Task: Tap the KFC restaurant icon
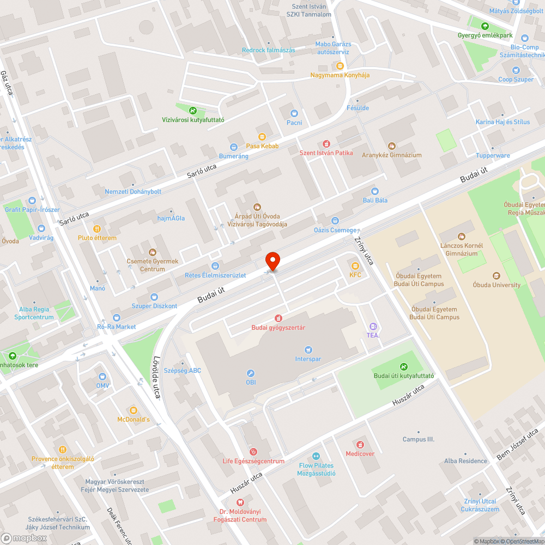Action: (x=355, y=266)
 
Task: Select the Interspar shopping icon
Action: (x=308, y=349)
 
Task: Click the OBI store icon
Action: (x=251, y=373)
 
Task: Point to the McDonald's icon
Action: (x=133, y=410)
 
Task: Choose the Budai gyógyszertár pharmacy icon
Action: (x=278, y=318)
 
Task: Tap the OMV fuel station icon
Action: (x=102, y=377)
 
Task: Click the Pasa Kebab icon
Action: (x=262, y=136)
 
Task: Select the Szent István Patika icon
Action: (x=326, y=143)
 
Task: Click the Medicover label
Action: (x=360, y=453)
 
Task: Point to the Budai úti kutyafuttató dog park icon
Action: (x=404, y=366)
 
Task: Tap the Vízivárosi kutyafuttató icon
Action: (x=193, y=110)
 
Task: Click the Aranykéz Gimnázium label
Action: (x=392, y=155)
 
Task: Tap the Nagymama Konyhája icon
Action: (x=340, y=65)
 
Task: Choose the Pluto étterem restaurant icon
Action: (x=97, y=229)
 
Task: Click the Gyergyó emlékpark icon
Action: (x=485, y=26)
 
